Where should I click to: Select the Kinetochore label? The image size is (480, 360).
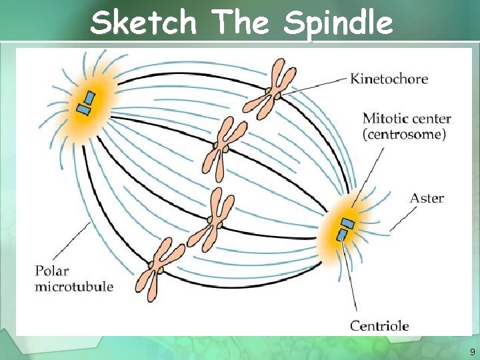(x=389, y=79)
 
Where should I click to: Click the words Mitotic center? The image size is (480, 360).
(x=407, y=120)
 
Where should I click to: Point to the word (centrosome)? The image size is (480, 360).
(x=404, y=134)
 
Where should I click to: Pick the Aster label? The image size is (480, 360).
(x=427, y=198)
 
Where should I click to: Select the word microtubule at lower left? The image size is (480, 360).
(x=73, y=287)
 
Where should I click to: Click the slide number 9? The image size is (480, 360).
(x=472, y=351)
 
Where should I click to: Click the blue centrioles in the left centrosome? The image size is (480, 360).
(x=86, y=103)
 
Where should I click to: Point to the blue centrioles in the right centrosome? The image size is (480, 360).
(x=345, y=228)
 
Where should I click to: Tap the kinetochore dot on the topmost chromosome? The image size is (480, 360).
(x=269, y=91)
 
